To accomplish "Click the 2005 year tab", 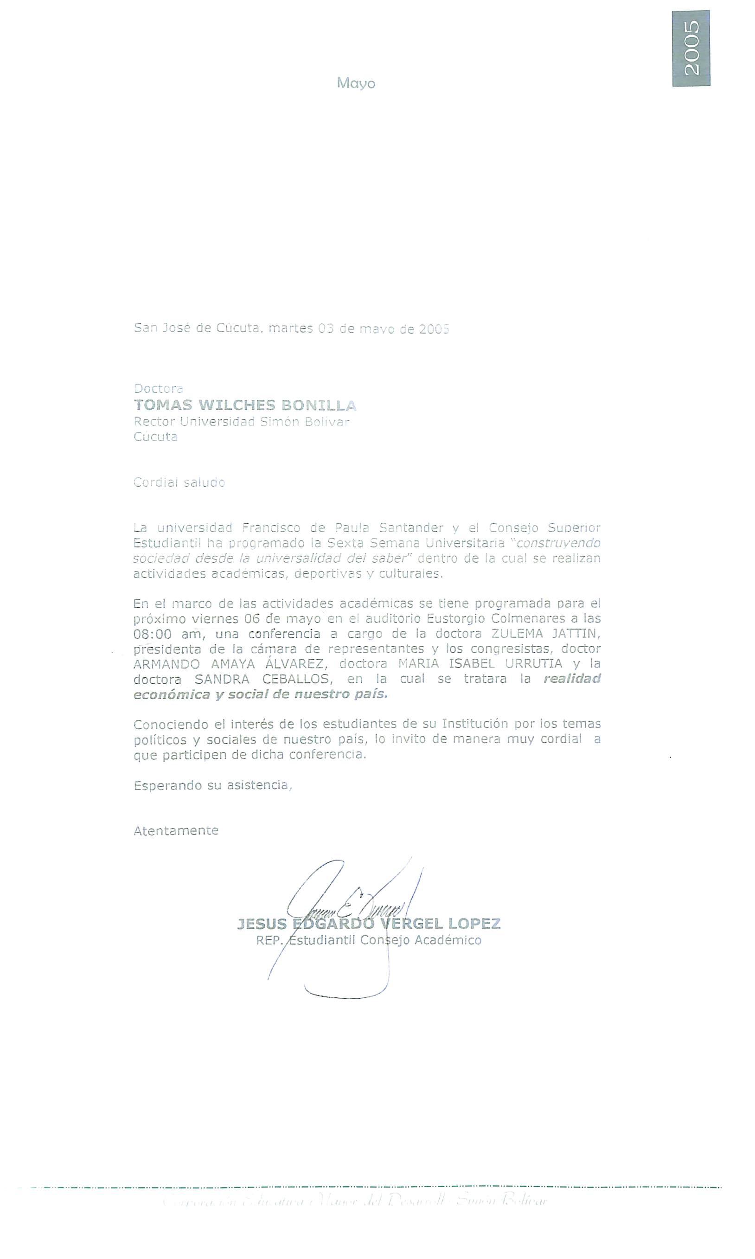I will [691, 48].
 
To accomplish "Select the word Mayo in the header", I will [356, 83].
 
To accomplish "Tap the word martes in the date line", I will [290, 328].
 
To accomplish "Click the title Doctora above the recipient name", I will [158, 389].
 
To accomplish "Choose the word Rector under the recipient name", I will [154, 421].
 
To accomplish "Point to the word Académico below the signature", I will [448, 940].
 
